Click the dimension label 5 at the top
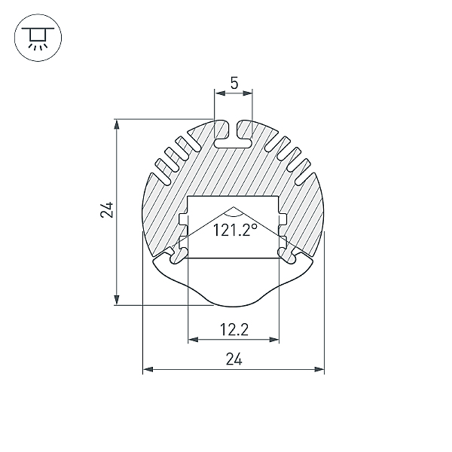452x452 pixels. (x=234, y=83)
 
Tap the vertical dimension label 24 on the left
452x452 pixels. (x=107, y=209)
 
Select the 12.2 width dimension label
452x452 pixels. (x=234, y=329)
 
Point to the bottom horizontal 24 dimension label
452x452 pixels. (x=234, y=359)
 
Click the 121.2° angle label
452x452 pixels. (x=234, y=230)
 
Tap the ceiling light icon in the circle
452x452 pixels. (x=38, y=38)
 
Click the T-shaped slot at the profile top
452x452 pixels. (x=234, y=136)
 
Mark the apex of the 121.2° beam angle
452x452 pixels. (x=234, y=206)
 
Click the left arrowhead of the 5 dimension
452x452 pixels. (x=220, y=93)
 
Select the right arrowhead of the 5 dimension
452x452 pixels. (x=247, y=93)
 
